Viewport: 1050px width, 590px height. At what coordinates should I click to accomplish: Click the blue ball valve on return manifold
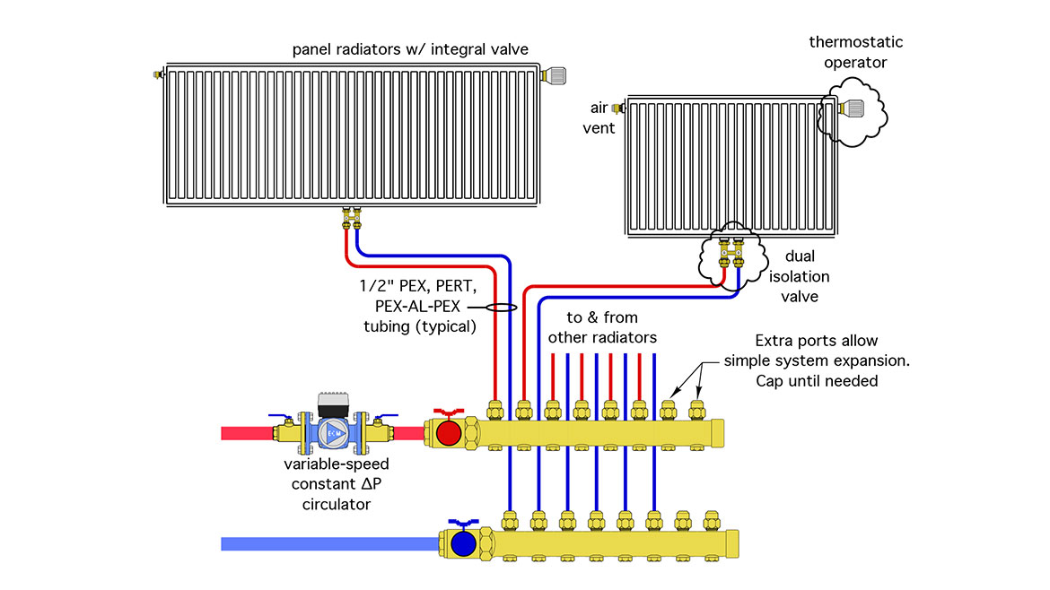pos(463,542)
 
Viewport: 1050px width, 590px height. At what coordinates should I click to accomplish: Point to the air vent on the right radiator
pos(617,108)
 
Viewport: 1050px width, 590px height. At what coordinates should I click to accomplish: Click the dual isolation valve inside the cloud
pos(731,255)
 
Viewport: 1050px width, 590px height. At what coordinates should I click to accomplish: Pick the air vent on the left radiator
pos(159,74)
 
